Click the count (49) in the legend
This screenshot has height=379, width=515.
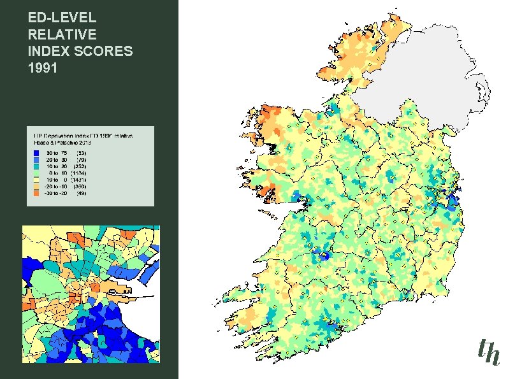(82, 193)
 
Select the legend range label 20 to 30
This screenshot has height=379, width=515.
(57, 159)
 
